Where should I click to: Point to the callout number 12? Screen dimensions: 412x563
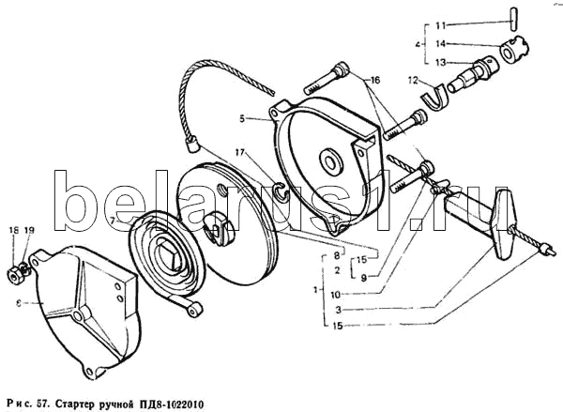coord(411,82)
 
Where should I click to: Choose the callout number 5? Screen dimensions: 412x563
coord(241,119)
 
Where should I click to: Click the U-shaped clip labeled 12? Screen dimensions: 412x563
coord(434,95)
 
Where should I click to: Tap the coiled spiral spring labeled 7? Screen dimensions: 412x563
coord(162,256)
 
